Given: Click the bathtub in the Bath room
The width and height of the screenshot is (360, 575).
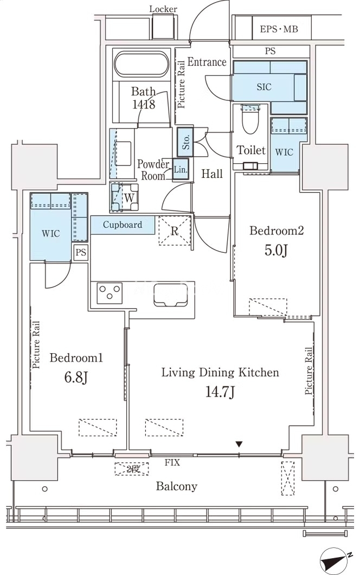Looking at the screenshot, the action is click(x=142, y=65).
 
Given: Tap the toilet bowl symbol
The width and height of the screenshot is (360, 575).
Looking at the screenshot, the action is click(x=251, y=119).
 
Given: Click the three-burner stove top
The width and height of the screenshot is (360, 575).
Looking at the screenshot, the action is click(x=109, y=293).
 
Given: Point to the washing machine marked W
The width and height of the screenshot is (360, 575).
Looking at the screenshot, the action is click(x=125, y=197).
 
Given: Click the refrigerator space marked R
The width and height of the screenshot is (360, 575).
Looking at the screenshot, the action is click(x=175, y=231).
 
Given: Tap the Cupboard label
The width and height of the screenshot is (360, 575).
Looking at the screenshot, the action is click(x=122, y=225).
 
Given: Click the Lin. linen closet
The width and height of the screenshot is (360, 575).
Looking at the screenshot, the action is click(x=181, y=169).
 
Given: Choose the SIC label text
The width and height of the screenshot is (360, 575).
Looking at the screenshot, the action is click(x=264, y=87).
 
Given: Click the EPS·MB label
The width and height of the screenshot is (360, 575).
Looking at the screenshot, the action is click(x=279, y=29).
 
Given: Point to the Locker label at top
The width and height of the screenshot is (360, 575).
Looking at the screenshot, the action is click(x=163, y=9).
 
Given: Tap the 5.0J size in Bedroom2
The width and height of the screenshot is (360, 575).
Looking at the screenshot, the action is click(x=275, y=250).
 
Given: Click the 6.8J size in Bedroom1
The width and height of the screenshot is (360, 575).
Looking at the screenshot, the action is click(x=76, y=376).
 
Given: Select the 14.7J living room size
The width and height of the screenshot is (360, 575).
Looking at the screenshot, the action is click(x=220, y=392).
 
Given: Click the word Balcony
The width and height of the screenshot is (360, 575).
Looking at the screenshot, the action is click(x=176, y=486).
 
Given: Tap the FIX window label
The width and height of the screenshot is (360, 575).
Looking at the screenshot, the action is click(x=172, y=462).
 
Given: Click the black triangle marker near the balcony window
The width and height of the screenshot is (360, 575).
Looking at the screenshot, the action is click(x=239, y=444).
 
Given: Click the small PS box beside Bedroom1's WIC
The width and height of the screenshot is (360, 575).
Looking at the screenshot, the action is click(x=81, y=252).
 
